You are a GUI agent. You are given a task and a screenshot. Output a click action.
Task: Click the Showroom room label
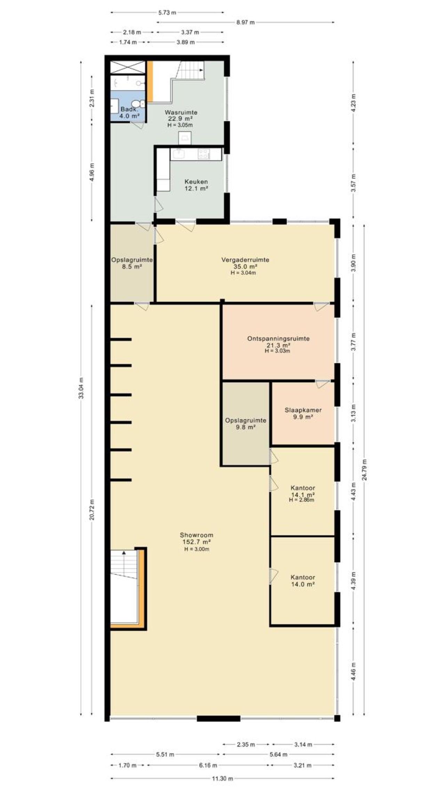click(x=196, y=535)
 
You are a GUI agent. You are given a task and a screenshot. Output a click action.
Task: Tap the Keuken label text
click(x=196, y=182)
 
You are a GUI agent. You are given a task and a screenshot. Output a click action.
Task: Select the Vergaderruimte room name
click(x=245, y=260)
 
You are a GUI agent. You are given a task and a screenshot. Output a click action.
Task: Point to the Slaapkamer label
click(x=303, y=410)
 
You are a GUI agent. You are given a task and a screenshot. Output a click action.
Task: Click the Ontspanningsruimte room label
click(x=278, y=339)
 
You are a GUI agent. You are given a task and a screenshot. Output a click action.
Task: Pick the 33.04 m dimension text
click(x=82, y=388)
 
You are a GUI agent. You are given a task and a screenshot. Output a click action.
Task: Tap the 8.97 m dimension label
click(x=245, y=23)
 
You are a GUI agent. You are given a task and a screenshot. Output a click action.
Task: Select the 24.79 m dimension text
click(x=364, y=470)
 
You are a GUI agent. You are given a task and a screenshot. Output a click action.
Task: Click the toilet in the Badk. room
click(x=141, y=104)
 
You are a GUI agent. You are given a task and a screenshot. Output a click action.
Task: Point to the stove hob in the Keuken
click(x=204, y=154)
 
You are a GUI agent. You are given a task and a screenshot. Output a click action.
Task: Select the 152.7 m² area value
click(x=196, y=542)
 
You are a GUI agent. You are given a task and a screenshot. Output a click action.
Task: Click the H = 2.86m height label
click(x=301, y=500)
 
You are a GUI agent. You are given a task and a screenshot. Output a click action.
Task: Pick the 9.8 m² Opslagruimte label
click(x=246, y=427)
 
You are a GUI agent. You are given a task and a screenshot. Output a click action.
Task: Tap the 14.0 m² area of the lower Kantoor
click(x=303, y=584)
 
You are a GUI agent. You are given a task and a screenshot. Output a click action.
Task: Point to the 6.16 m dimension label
click(x=208, y=765)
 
